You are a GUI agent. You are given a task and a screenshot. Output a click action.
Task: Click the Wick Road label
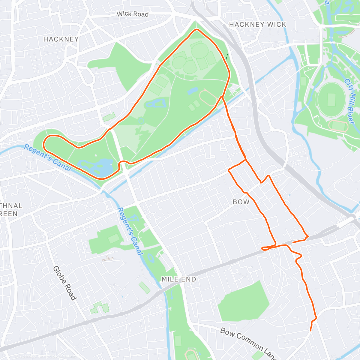coord(132,14)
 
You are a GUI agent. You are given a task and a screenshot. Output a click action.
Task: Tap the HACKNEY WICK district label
coord(257,25)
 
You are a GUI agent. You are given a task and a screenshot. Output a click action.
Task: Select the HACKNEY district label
coord(61,39)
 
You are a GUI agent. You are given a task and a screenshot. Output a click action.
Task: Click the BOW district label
coord(241,202)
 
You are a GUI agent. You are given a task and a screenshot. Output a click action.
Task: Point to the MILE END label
coord(179,279)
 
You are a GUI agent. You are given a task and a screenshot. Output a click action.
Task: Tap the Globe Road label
coord(64,283)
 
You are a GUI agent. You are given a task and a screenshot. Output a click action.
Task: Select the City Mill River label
coord(349,101)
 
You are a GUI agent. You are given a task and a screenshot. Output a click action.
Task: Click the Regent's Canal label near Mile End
coord(130,231)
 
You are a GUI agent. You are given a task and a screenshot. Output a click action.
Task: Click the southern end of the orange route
coord(310,331)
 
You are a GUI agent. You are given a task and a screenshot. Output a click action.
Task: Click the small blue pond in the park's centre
coord(193,90)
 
